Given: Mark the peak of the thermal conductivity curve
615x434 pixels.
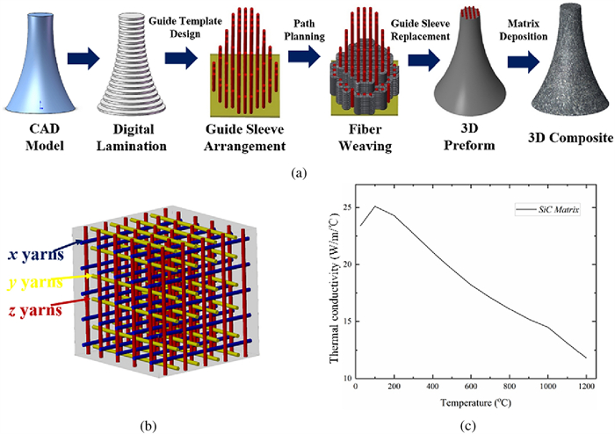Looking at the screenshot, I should click(x=375, y=206).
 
